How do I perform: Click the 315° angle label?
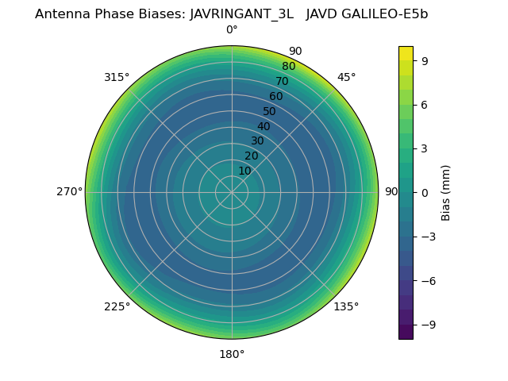tap(117, 77)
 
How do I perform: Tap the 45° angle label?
tap(346, 77)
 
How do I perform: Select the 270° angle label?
tap(70, 192)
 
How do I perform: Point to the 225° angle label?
tap(117, 307)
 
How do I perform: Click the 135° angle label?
tap(346, 307)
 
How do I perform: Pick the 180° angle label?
tap(232, 354)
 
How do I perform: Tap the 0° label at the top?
tap(232, 30)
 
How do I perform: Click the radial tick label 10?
tap(244, 171)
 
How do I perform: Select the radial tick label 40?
tap(264, 126)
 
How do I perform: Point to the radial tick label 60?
tap(276, 97)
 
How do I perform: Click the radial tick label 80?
tap(289, 67)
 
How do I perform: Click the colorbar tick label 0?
tap(425, 192)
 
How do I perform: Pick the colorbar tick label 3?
tap(425, 148)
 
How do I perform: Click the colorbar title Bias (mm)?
tap(446, 192)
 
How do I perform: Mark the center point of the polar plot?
tap(232, 192)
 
